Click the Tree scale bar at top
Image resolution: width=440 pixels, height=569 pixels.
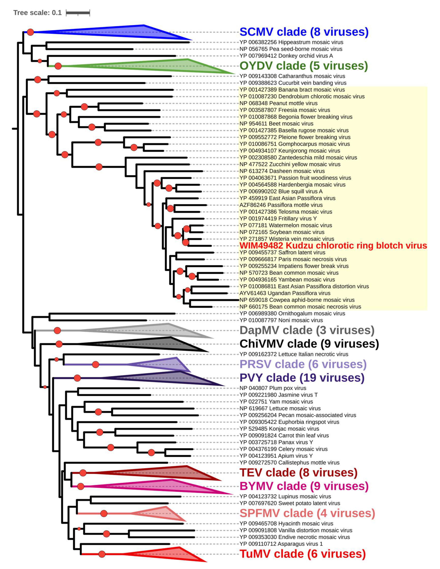point(78,13)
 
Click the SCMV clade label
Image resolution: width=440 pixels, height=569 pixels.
point(304,32)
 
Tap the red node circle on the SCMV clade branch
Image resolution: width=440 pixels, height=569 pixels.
point(30,32)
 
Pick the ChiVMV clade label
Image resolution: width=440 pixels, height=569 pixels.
point(309,344)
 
